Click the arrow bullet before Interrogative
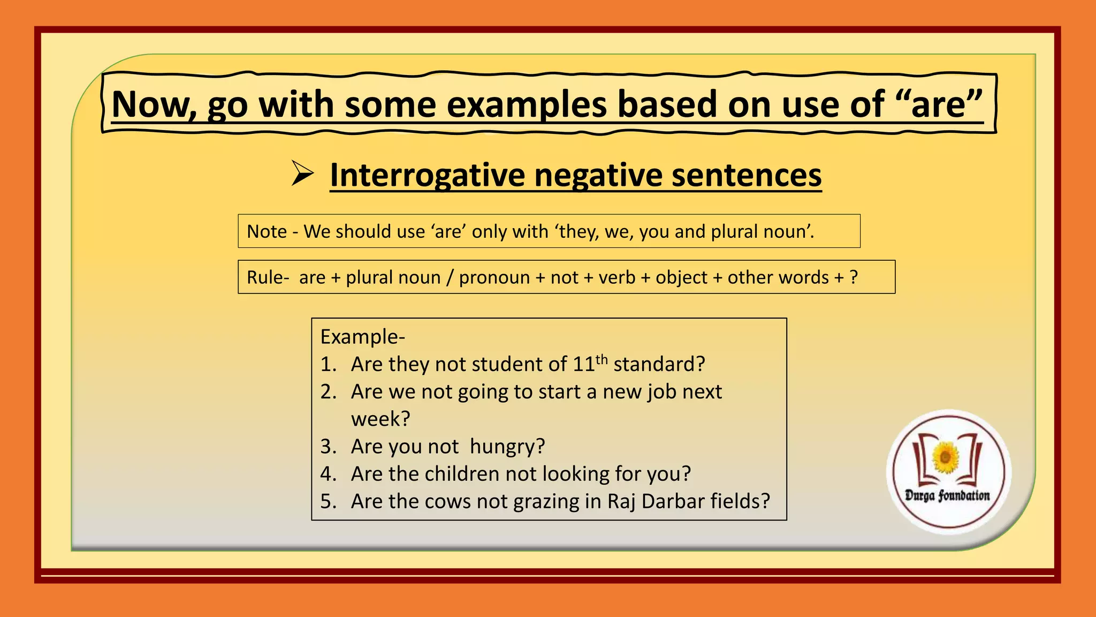pos(302,174)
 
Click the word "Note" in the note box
pos(267,231)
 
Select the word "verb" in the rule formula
pos(616,277)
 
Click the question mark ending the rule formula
pos(854,277)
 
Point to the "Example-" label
pos(362,337)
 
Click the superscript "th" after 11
pos(602,359)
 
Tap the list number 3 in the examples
pos(327,447)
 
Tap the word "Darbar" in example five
pos(673,501)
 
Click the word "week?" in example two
pos(380,419)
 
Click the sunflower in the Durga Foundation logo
pos(946,457)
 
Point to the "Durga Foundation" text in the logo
pos(947,495)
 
